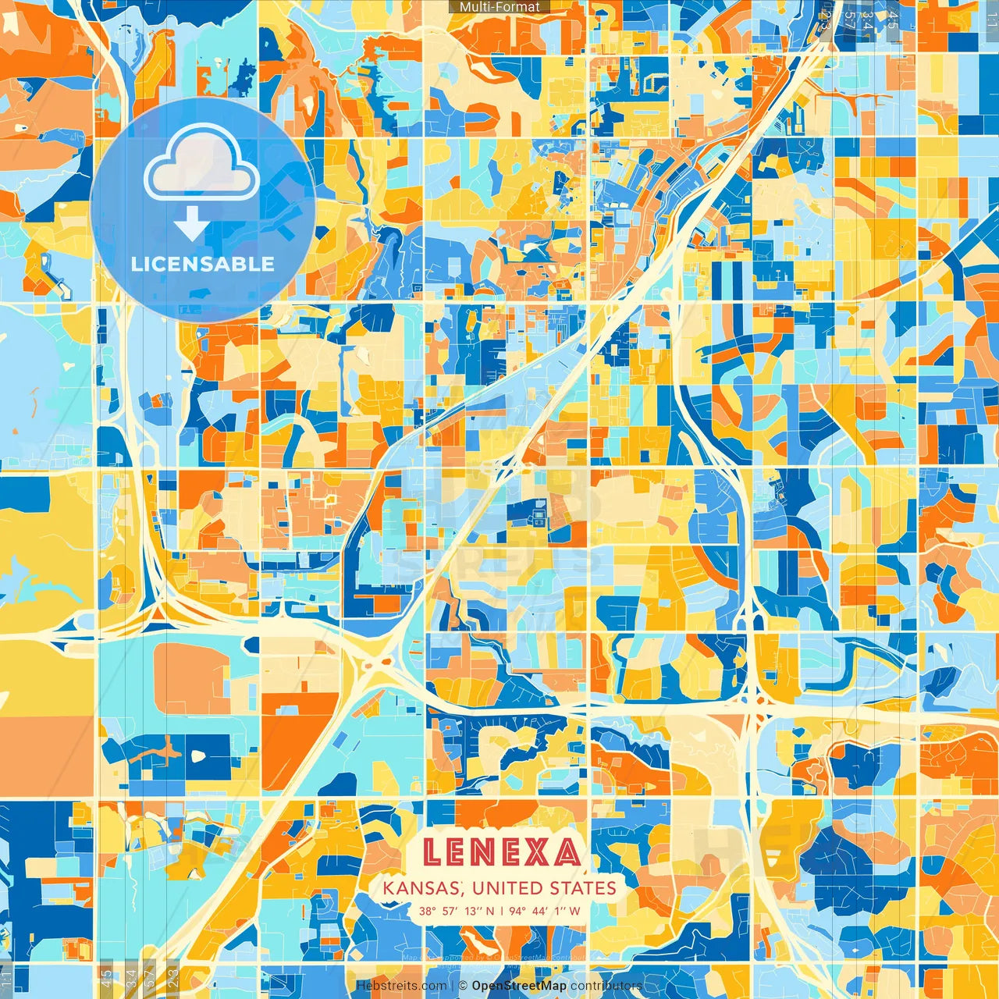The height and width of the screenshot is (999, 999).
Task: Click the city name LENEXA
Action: pos(501,852)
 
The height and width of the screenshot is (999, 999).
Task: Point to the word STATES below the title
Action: pos(585,887)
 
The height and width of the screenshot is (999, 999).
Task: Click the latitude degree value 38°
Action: pos(426,911)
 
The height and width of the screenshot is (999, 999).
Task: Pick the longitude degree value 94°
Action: pos(517,911)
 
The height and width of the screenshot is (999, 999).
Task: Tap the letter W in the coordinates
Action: pos(574,911)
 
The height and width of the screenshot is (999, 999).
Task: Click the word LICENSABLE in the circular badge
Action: pos(203,264)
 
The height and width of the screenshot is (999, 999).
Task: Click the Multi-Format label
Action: pos(499,7)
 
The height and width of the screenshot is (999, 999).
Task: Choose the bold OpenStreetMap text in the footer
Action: pos(519,986)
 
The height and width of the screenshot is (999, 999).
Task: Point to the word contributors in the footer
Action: pos(606,986)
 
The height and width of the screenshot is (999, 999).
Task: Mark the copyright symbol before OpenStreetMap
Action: pos(463,986)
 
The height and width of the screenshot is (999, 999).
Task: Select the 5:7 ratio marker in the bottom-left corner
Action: pos(149,978)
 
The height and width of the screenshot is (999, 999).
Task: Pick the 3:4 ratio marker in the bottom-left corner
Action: pos(130,978)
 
